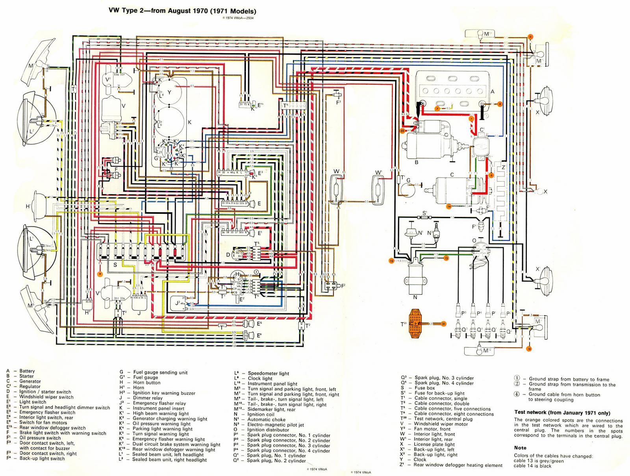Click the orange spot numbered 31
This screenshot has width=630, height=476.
click(x=443, y=324)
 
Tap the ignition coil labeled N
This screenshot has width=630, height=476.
click(x=415, y=276)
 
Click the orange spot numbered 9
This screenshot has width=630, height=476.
click(x=100, y=273)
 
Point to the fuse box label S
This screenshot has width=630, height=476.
click(x=115, y=265)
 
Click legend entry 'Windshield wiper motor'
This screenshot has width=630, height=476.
click(x=440, y=424)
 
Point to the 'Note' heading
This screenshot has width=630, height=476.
click(x=520, y=448)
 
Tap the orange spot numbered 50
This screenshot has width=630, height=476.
click(x=402, y=130)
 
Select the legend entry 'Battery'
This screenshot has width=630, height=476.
click(x=27, y=371)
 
